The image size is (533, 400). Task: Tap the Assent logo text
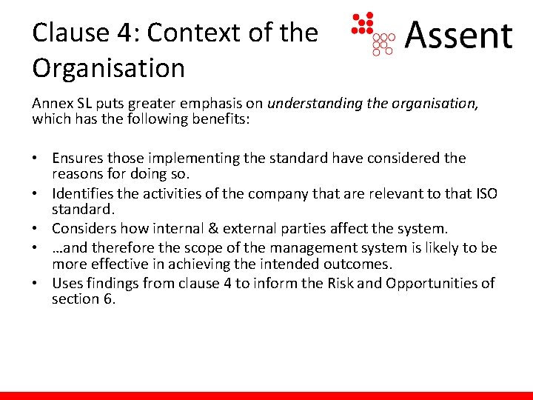coord(459,35)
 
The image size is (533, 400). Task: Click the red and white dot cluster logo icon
coord(374,34)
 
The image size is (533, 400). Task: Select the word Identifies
coord(83,193)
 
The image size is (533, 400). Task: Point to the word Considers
coord(84,228)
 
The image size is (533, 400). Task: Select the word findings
coord(110,283)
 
